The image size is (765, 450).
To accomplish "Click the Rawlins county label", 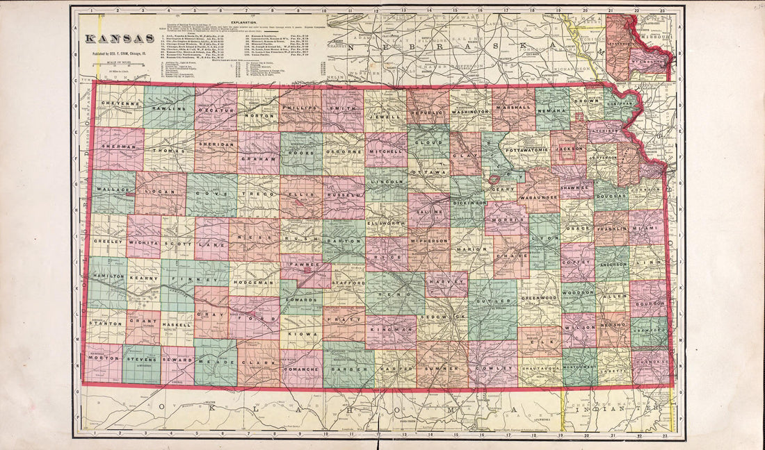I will (169, 108).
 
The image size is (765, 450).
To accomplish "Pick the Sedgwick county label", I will (442, 317).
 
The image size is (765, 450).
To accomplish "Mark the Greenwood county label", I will (540, 298).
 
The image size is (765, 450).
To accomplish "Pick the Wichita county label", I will (143, 244).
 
